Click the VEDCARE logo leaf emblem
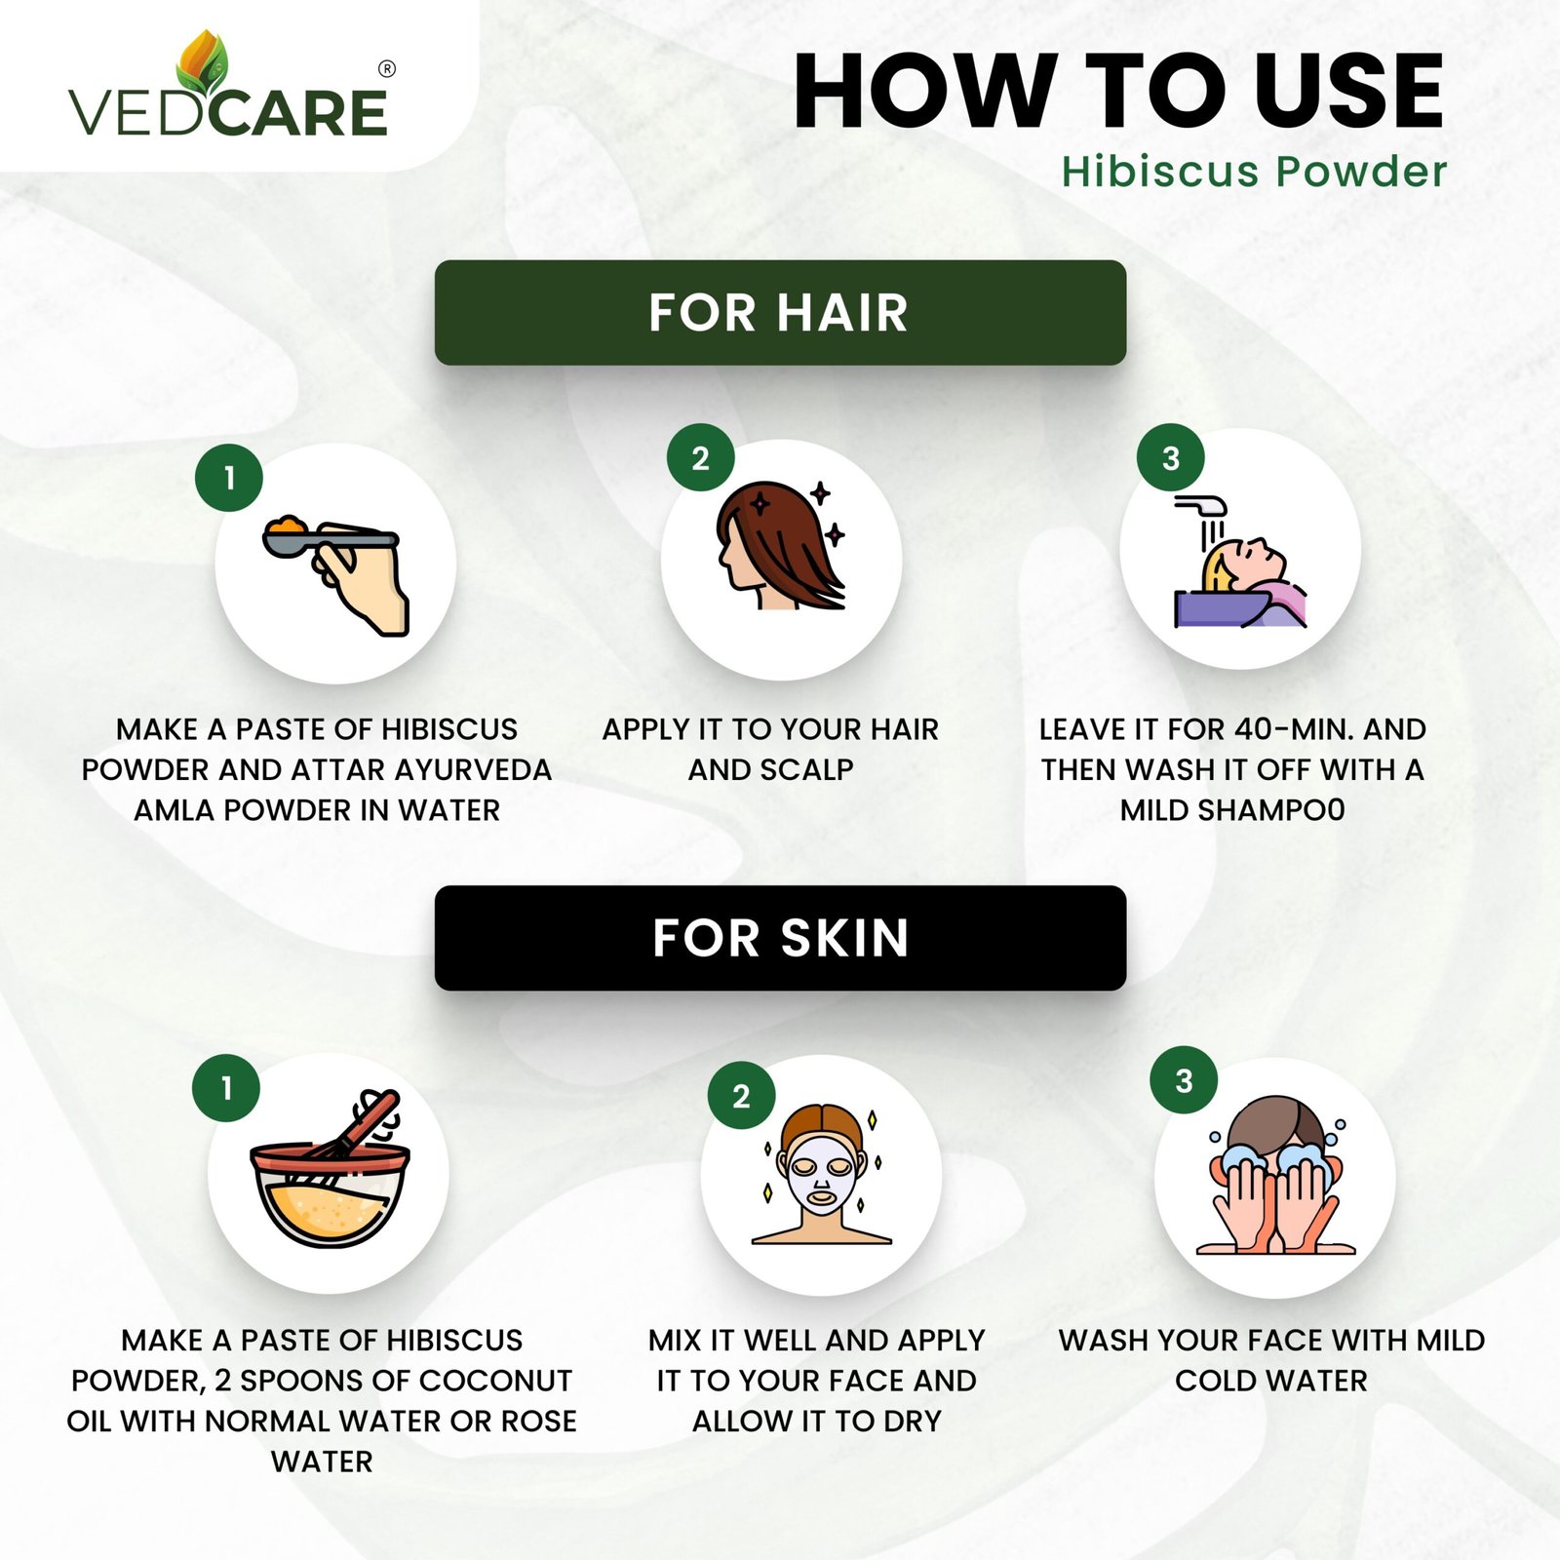coord(202,63)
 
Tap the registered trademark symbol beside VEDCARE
coord(387,69)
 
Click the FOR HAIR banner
coord(780,313)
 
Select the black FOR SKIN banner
coord(780,938)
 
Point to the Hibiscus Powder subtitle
coord(1254,172)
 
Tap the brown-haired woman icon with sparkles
coord(780,545)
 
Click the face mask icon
coord(822,1174)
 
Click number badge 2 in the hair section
coord(700,457)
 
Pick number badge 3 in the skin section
coord(1184,1080)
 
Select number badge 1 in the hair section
coord(229,477)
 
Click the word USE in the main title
coord(1348,92)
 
